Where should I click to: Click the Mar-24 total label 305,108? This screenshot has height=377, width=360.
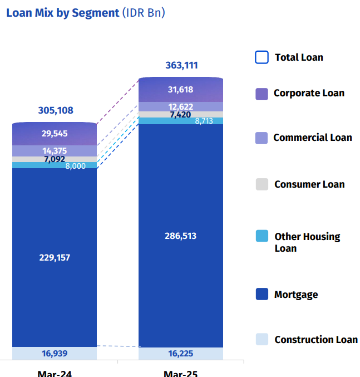pos(56,110)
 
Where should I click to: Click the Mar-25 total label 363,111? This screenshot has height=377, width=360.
pos(181,65)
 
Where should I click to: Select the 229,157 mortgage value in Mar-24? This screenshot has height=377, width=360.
pos(56,257)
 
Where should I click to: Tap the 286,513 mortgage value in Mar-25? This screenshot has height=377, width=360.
pos(181,236)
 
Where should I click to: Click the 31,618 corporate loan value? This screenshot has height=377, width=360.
pos(181,90)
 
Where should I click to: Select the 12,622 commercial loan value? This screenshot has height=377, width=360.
pos(181,106)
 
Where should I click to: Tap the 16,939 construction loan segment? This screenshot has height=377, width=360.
pos(55,353)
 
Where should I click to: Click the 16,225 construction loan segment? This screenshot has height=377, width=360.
pos(181,353)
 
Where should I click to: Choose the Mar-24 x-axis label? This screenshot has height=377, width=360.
pos(55,373)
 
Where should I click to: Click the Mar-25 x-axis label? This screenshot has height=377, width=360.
pos(180,373)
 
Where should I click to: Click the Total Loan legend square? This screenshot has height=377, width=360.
pos(262,57)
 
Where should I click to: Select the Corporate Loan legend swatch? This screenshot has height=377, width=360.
pos(262,94)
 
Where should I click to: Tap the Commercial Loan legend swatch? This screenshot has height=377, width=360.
pos(262,138)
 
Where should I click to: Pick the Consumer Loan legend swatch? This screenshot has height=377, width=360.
pos(262,184)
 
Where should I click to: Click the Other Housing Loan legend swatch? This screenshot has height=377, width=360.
pos(262,236)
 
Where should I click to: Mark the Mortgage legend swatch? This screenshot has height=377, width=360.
pos(262,294)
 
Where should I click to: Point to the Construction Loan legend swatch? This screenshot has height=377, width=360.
pos(262,339)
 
